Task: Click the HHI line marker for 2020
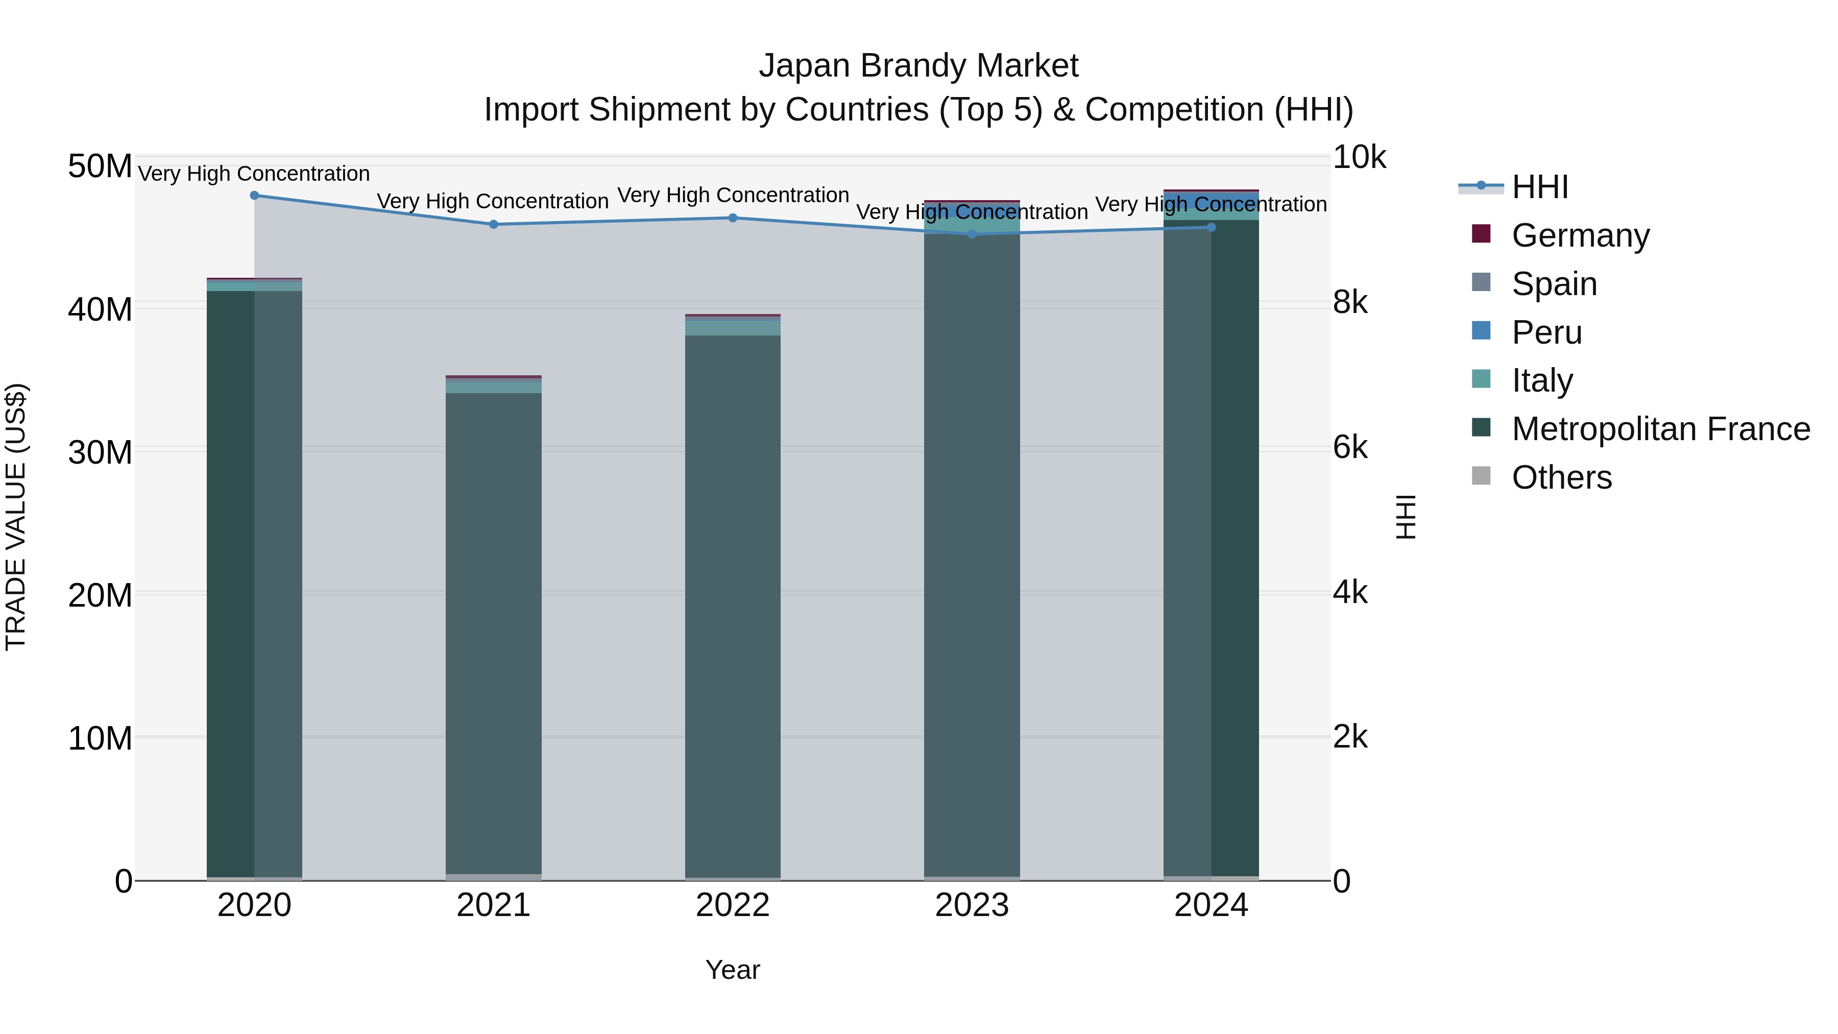click(x=254, y=196)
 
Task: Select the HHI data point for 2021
click(x=493, y=225)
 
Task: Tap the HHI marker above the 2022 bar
click(x=733, y=218)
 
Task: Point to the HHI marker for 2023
click(x=972, y=234)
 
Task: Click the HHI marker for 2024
click(x=1211, y=227)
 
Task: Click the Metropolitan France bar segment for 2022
click(x=733, y=607)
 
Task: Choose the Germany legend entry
click(x=1580, y=235)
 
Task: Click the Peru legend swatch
click(x=1481, y=331)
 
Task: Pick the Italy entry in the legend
click(x=1541, y=380)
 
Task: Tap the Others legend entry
click(x=1561, y=477)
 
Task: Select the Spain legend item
click(x=1554, y=284)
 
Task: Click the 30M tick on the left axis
click(x=100, y=452)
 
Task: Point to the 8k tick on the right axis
click(x=1350, y=303)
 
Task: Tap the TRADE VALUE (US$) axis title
click(x=16, y=517)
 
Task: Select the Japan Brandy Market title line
click(x=918, y=66)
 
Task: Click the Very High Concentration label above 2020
click(x=254, y=174)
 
